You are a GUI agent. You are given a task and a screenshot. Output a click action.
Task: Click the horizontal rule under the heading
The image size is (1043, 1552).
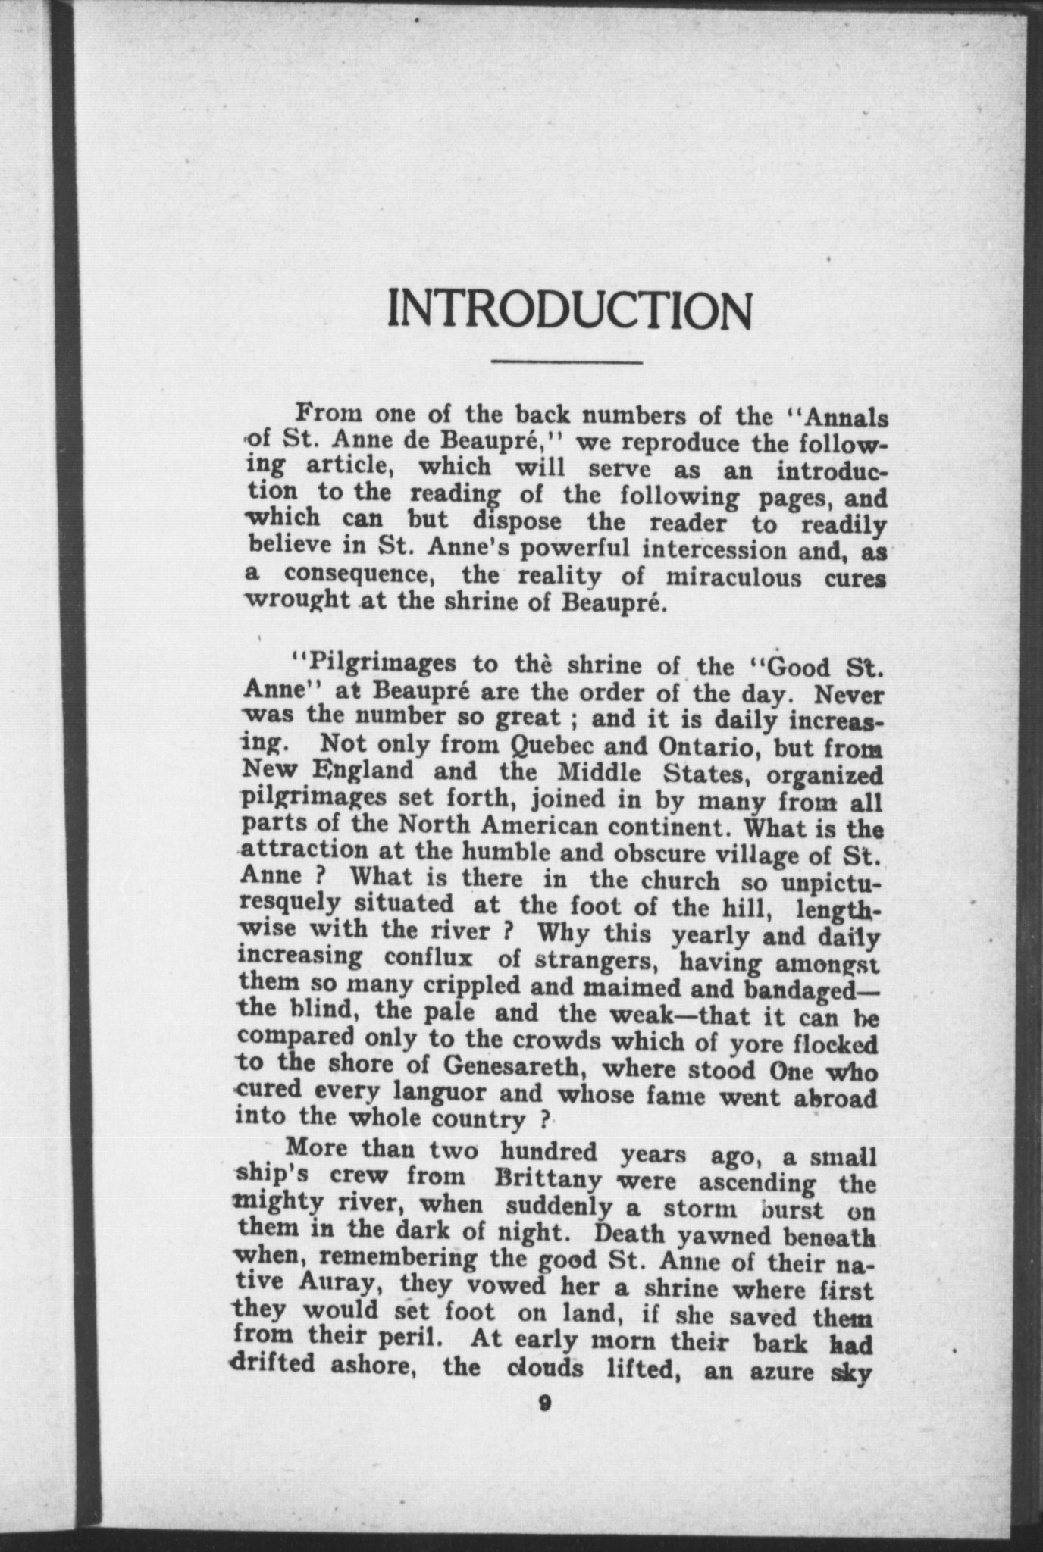point(566,362)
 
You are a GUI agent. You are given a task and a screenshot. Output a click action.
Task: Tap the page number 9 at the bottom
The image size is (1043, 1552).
point(543,1403)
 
